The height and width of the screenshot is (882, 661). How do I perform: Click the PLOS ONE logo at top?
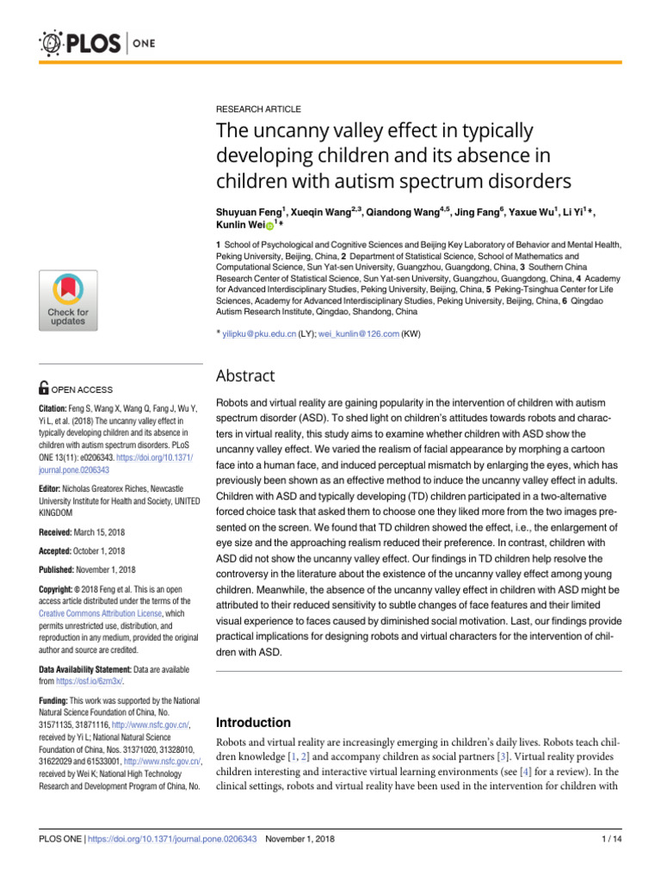tap(91, 42)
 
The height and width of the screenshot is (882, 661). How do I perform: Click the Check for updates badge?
tap(67, 299)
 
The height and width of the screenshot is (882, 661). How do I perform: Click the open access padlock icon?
tap(46, 389)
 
